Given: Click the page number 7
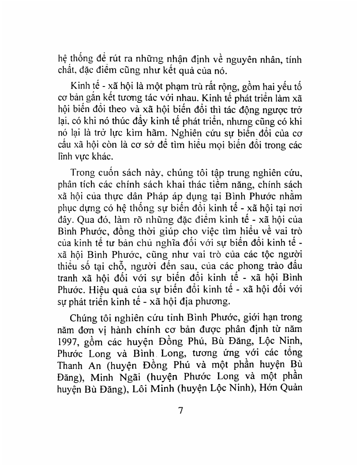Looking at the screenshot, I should click(180, 409).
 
